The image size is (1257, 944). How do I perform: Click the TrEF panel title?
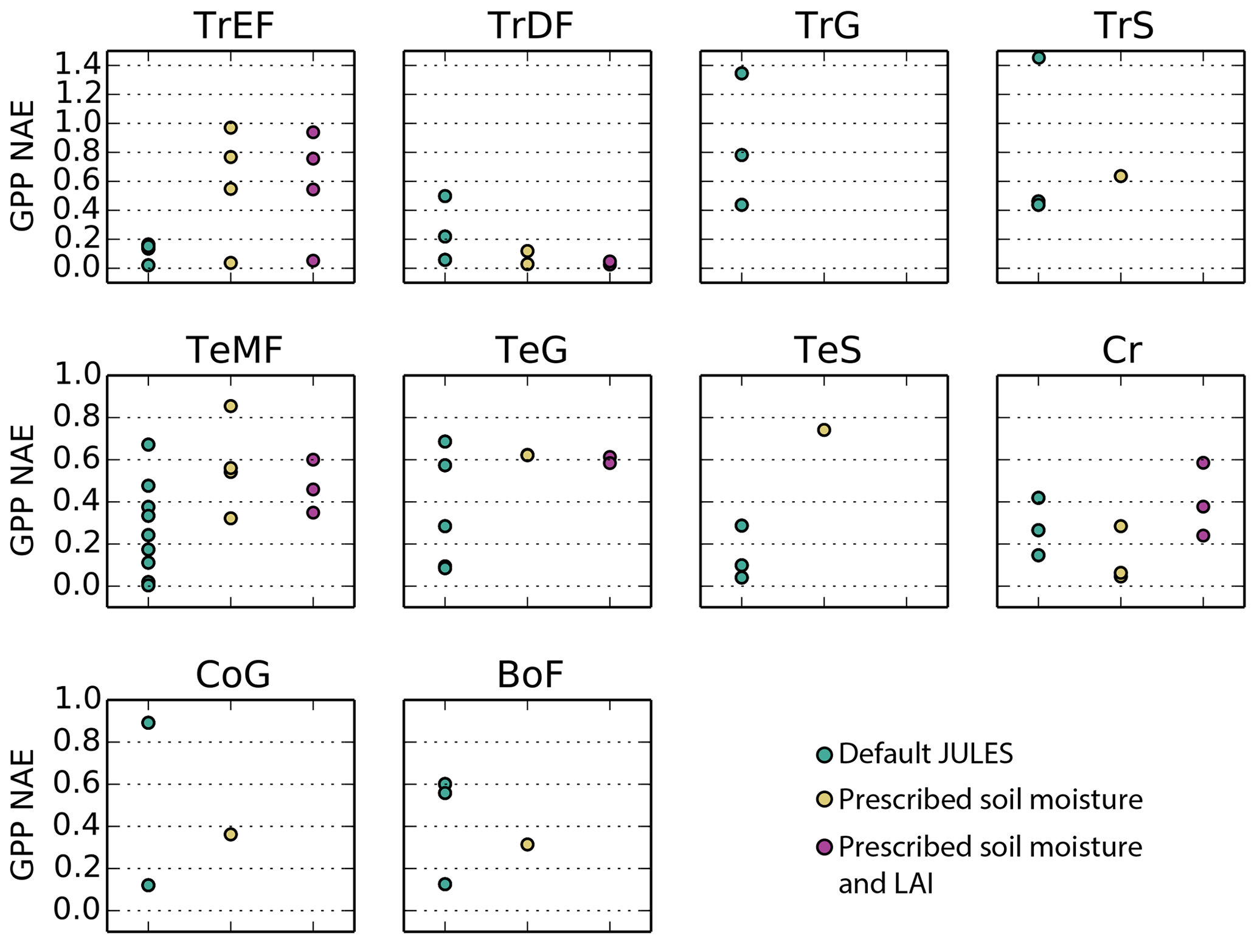234,26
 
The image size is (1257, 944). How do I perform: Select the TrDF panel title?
530,26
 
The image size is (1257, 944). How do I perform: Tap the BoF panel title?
530,675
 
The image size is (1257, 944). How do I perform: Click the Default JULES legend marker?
824,755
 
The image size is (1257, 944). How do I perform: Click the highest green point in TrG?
741,74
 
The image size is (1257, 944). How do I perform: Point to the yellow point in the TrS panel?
1120,176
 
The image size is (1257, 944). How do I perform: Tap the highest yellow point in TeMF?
230,406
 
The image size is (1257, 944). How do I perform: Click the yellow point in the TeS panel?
824,430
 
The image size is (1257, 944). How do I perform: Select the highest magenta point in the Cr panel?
1203,463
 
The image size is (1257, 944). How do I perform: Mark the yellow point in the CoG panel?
230,835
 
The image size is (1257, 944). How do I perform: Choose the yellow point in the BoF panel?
527,844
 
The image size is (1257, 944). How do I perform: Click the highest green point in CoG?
148,723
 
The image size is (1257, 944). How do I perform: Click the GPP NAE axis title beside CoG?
23,814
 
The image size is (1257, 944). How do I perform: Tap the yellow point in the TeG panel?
527,455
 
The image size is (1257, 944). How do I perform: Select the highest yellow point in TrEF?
230,128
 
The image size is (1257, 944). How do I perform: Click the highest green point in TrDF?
445,196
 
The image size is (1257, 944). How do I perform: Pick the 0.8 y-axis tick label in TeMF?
77,417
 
